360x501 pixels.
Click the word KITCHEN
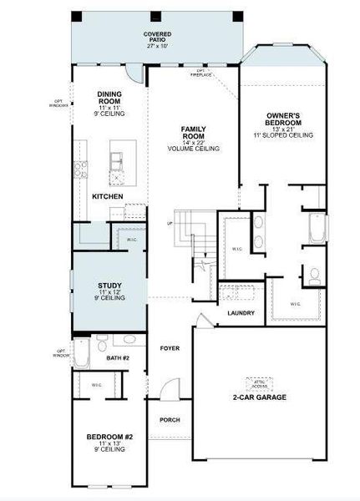108,196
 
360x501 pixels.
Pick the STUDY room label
109,287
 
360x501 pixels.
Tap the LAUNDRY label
241,313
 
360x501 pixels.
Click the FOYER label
170,347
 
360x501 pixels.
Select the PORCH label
170,419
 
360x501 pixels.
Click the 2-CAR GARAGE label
259,397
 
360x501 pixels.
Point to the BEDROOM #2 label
110,437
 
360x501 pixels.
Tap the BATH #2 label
119,357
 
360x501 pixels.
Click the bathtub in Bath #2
81,352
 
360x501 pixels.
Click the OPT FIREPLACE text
201,72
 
